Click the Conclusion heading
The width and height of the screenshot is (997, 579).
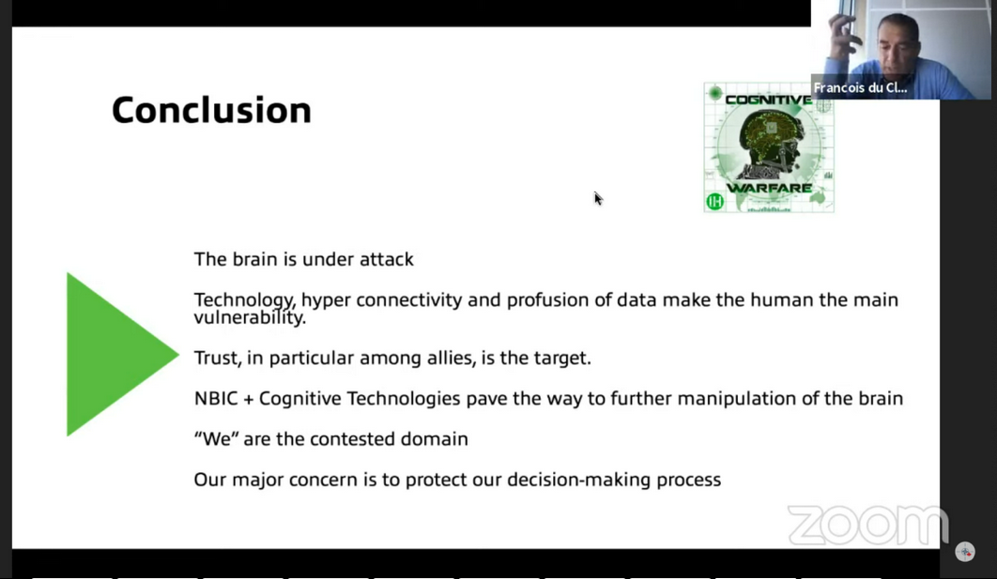click(x=212, y=110)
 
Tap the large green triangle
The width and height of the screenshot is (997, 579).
click(x=115, y=354)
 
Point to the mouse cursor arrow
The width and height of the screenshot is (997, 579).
click(x=598, y=199)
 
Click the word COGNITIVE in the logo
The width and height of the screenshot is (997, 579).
click(x=768, y=99)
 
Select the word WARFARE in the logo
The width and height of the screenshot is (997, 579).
click(x=769, y=188)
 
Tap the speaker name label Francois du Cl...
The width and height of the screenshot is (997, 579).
click(x=860, y=87)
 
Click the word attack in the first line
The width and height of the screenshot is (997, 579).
click(x=387, y=259)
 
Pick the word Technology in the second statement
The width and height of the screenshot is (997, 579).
click(x=244, y=300)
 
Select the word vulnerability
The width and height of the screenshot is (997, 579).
click(x=250, y=317)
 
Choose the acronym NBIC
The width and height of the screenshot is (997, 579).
click(x=215, y=399)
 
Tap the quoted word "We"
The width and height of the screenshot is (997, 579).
click(x=216, y=438)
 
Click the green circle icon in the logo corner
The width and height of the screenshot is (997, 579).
click(x=714, y=202)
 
